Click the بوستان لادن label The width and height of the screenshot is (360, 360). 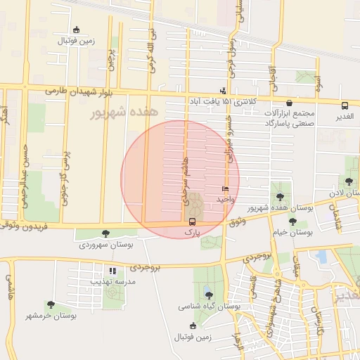tap(344, 191)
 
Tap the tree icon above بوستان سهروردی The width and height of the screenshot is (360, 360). tap(105, 233)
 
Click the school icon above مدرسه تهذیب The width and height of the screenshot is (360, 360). tap(112, 271)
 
